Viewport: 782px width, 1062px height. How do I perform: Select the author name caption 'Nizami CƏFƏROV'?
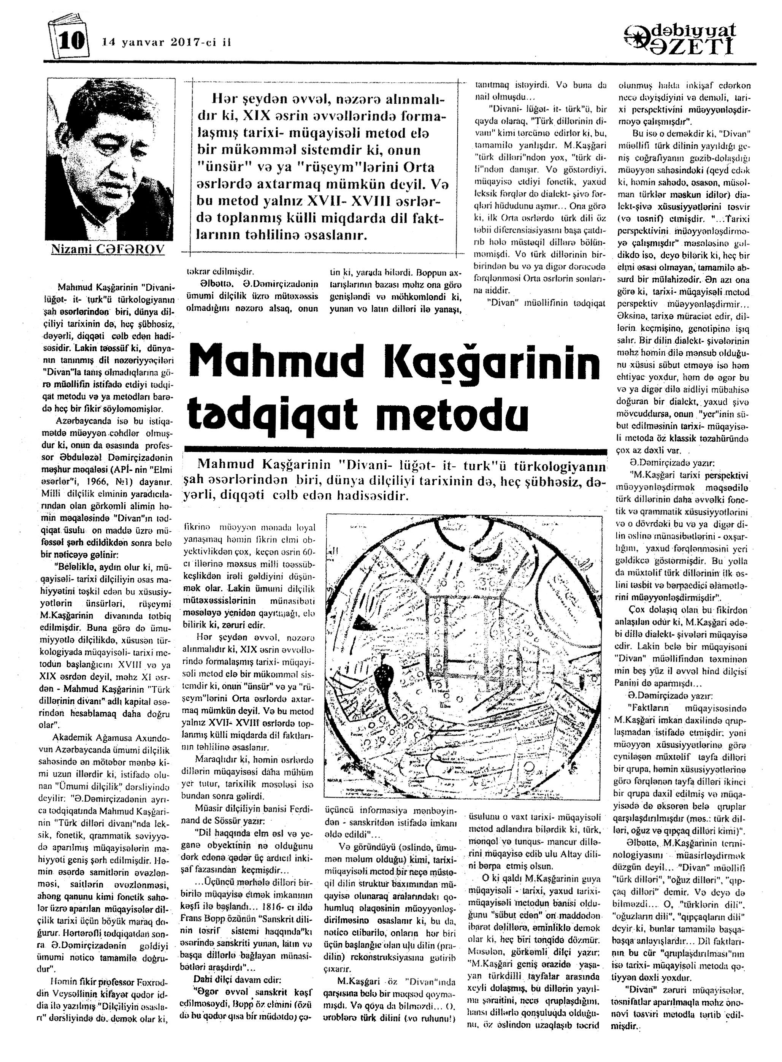tap(108, 249)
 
